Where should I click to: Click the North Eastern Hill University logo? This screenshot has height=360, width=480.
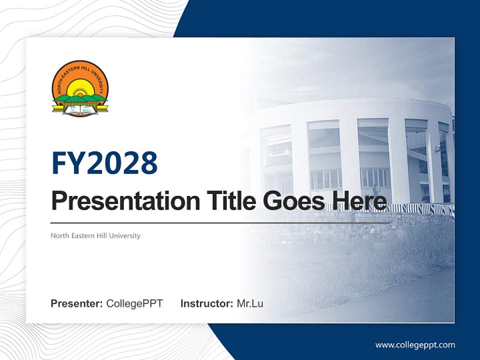[80, 88]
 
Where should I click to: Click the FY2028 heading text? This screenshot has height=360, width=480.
[104, 163]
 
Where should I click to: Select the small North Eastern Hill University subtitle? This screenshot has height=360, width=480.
[95, 235]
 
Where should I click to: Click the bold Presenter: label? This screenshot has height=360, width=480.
[76, 303]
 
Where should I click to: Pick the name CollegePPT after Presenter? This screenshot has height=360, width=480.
[134, 303]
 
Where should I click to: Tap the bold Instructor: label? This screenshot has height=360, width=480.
[206, 303]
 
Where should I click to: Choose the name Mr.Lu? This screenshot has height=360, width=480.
[250, 303]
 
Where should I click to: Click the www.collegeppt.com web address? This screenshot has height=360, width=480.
[415, 344]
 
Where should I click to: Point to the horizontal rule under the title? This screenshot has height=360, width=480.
[220, 222]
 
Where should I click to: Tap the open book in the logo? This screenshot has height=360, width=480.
[80, 108]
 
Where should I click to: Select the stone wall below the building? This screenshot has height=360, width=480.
[350, 227]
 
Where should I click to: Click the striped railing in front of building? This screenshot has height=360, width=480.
[420, 209]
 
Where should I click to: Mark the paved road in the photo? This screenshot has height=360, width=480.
[400, 300]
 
